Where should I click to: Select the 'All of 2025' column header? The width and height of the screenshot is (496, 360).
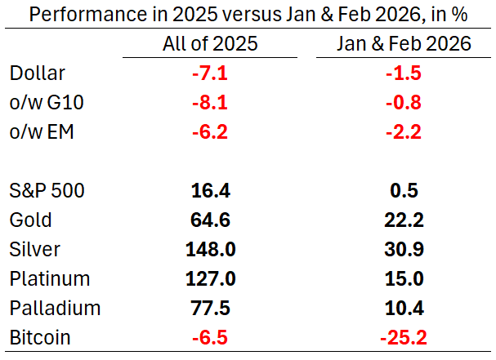coord(210,44)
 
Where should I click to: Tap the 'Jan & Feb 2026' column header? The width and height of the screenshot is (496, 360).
coord(404,44)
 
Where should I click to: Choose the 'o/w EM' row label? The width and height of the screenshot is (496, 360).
coord(42,132)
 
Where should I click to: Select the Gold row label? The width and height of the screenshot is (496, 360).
coord(30,220)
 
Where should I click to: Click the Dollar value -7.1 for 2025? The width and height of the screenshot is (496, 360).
coord(210,73)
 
